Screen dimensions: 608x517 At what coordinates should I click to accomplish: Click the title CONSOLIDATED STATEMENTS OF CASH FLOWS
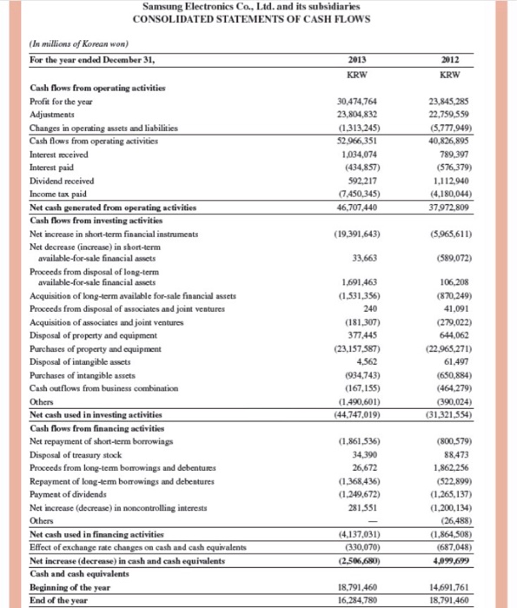[x=257, y=20]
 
